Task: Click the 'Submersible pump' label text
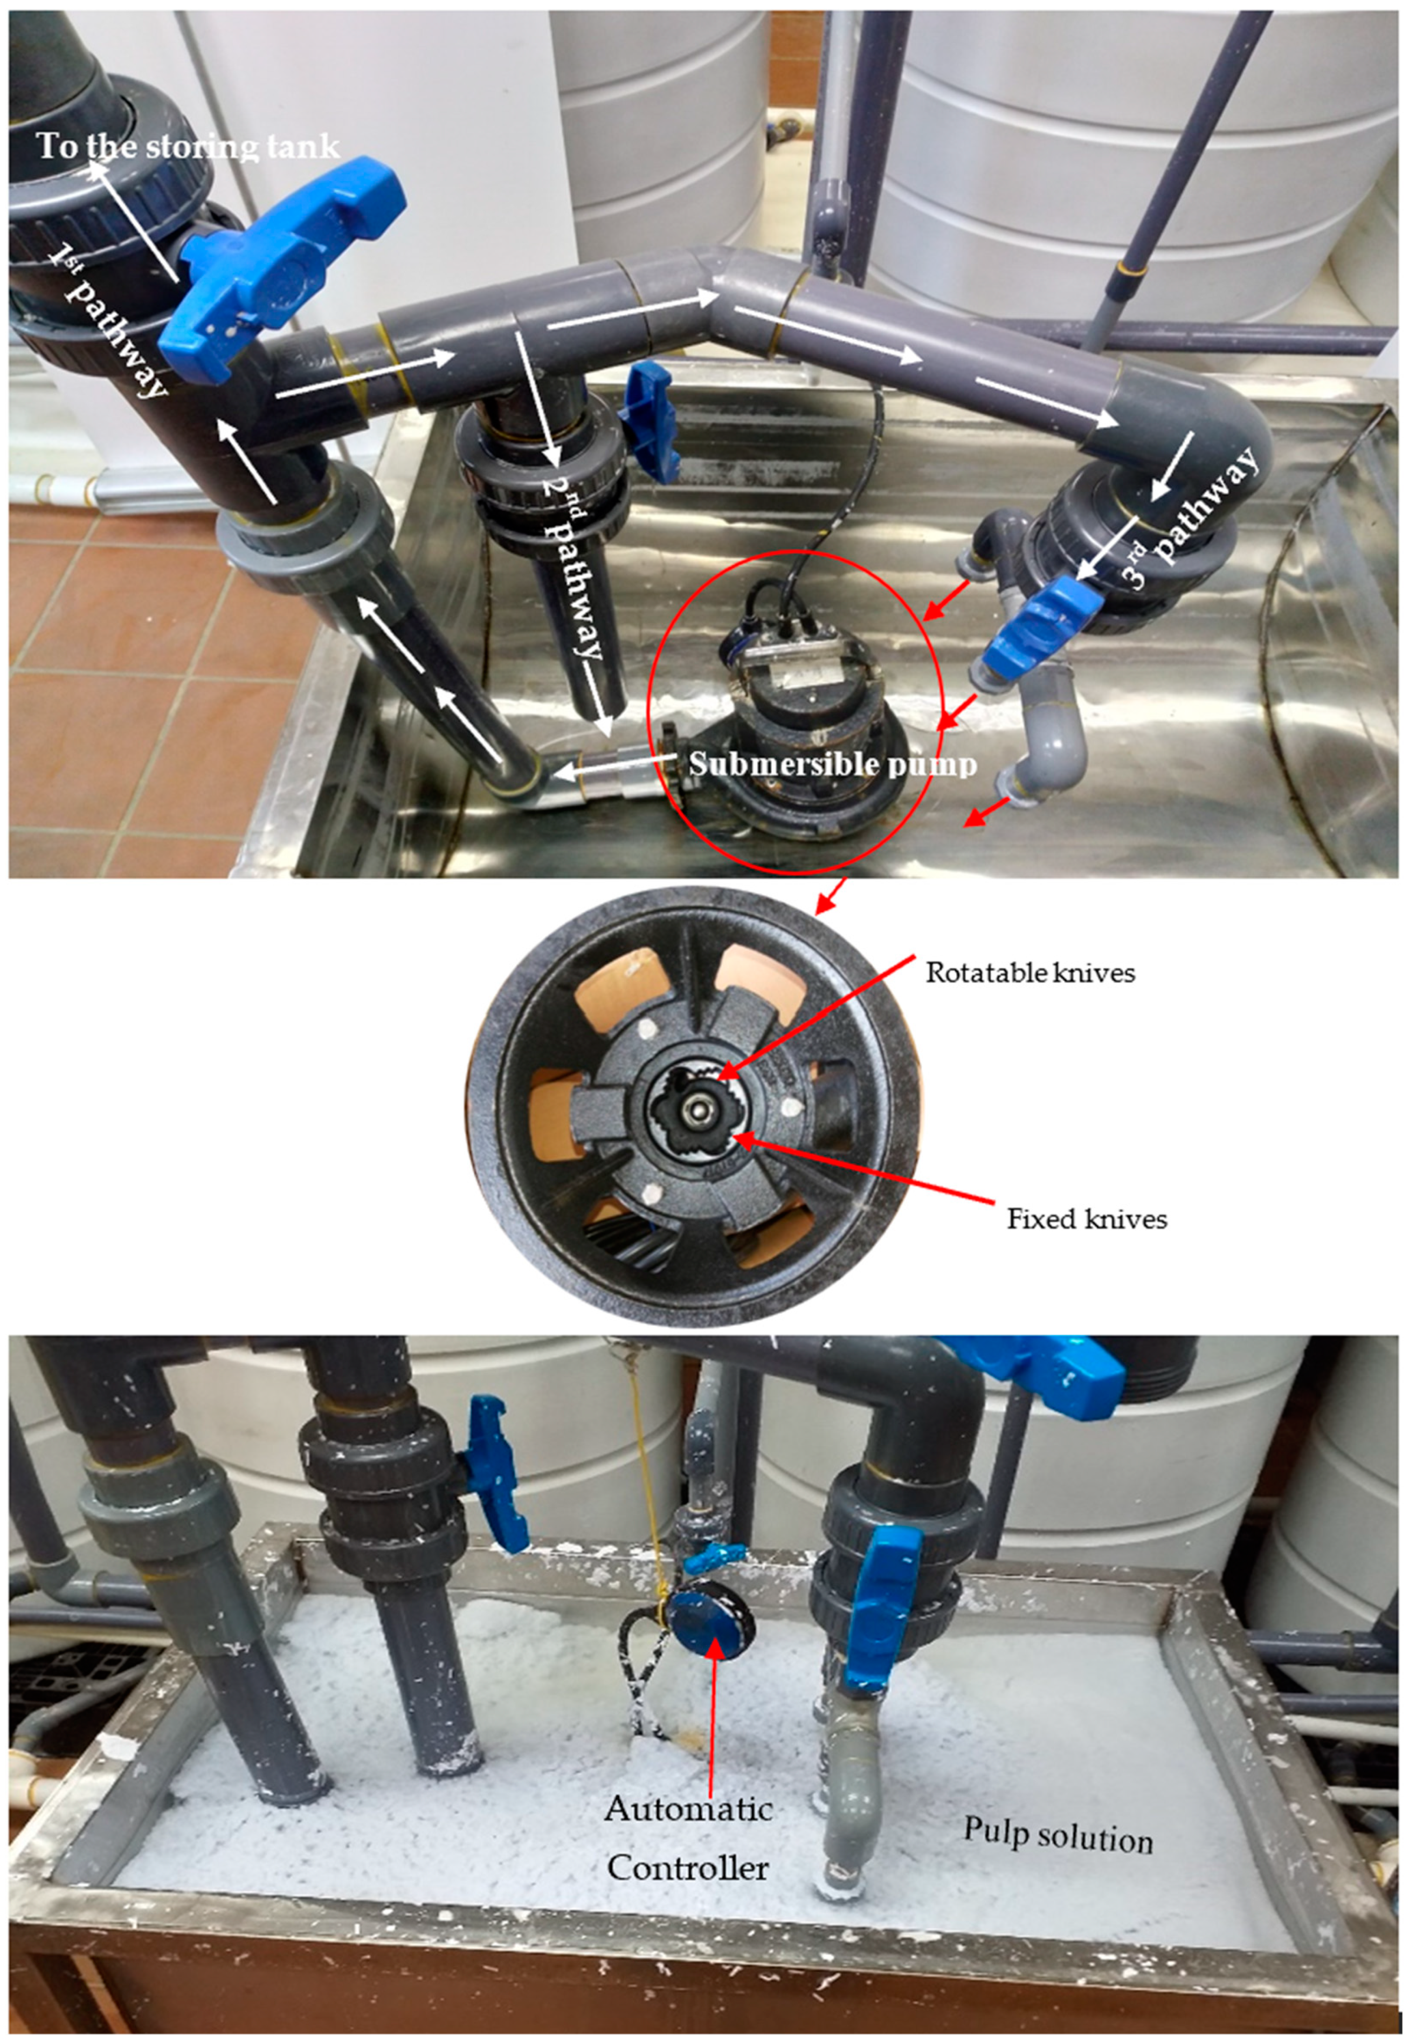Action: click(x=832, y=763)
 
